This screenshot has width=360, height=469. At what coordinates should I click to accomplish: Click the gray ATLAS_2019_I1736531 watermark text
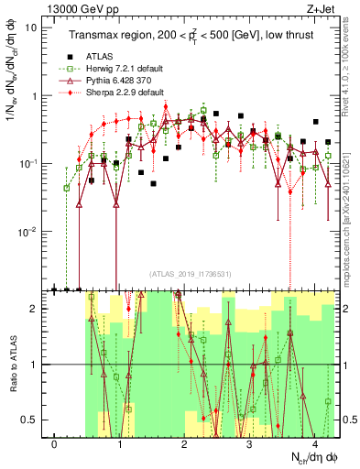pyautogui.click(x=191, y=273)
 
